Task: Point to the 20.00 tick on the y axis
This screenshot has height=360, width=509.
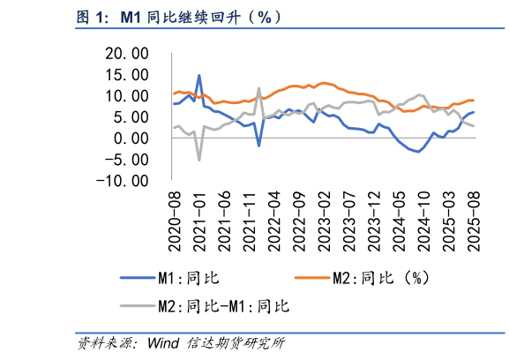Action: (x=124, y=54)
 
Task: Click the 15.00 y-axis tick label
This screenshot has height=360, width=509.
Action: (x=124, y=75)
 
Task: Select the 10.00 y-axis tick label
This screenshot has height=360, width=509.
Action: (x=124, y=96)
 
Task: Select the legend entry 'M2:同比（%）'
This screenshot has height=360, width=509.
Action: (x=379, y=280)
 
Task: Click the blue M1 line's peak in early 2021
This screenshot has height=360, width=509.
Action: (x=199, y=76)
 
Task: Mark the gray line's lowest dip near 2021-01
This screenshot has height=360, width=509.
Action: (x=199, y=160)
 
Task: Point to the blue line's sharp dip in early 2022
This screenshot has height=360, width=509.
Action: (x=258, y=145)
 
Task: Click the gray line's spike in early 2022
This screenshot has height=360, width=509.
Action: (x=258, y=88)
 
